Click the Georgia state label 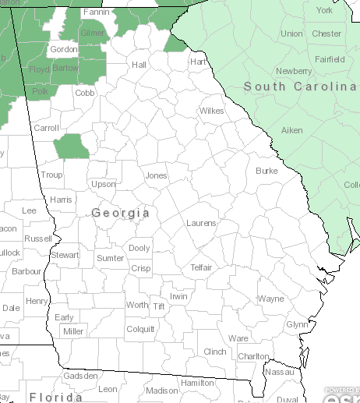tap(121, 213)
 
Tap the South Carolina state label tap(299, 87)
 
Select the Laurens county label tap(201, 223)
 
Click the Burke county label tap(266, 170)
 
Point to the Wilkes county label tap(211, 111)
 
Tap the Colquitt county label tap(140, 329)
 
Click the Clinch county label tap(214, 352)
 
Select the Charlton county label tap(253, 356)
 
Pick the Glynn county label tap(297, 324)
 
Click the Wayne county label tap(271, 299)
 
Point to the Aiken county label tap(292, 130)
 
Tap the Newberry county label tap(294, 71)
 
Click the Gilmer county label tap(93, 34)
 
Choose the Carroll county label tap(47, 128)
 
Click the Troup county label tap(51, 175)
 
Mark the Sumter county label tap(110, 258)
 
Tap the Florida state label tap(56, 397)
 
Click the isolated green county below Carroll tap(72, 147)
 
